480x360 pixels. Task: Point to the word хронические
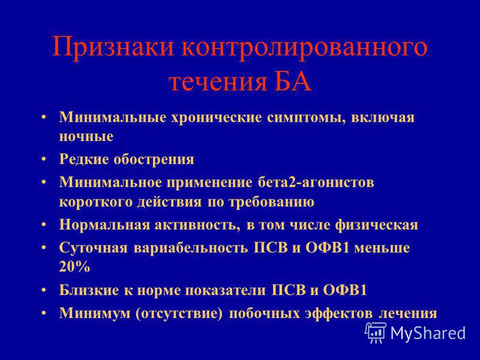[216, 118]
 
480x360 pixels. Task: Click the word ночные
[86, 137]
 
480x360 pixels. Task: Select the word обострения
[154, 159]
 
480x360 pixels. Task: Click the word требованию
[272, 202]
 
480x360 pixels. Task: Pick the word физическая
[377, 225]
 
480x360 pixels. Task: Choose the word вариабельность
[191, 248]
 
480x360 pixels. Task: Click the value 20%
[74, 267]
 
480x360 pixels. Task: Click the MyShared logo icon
[375, 332]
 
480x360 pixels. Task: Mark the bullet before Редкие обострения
[44, 160]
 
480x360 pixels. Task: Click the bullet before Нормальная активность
[44, 225]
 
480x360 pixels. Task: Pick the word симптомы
[306, 118]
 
